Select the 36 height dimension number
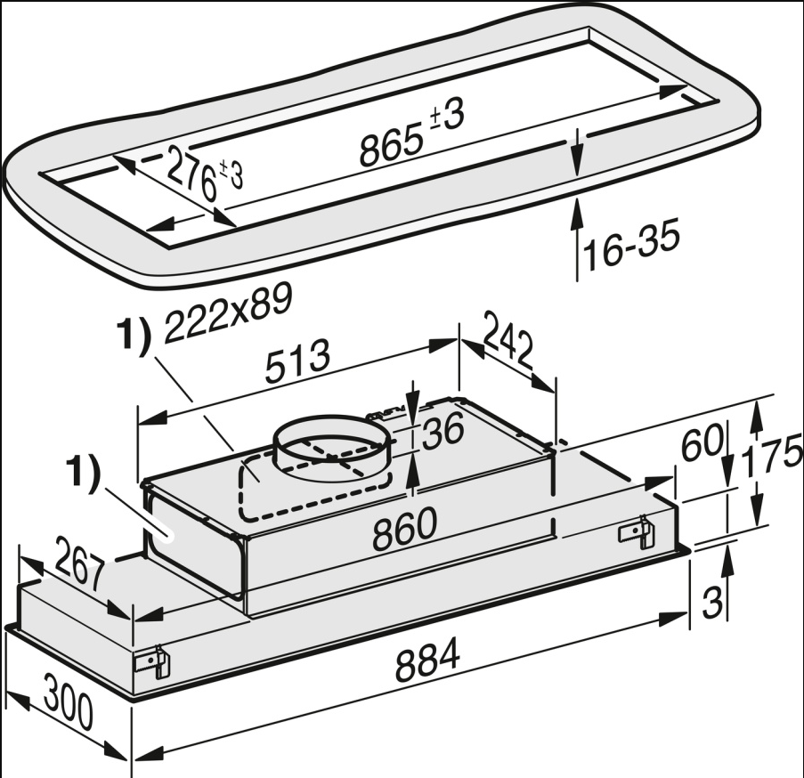pos(443,431)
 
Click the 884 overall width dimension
pos(426,660)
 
